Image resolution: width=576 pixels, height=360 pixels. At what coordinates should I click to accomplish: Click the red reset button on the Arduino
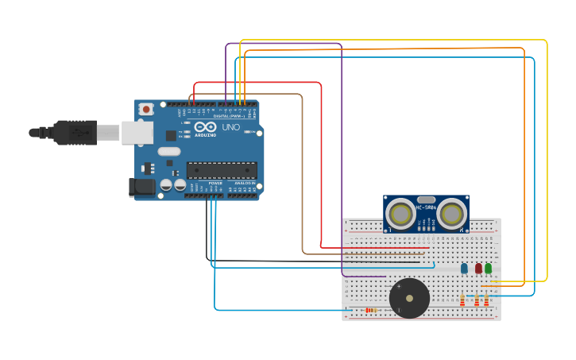pos(146,109)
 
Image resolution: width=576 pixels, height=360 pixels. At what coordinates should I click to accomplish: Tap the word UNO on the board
pos(230,127)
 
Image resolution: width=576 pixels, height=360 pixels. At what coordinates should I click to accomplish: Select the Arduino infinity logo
pos(205,127)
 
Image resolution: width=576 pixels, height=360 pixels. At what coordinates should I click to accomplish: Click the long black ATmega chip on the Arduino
pos(222,170)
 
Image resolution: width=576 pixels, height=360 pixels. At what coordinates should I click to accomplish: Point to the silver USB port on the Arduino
pos(137,132)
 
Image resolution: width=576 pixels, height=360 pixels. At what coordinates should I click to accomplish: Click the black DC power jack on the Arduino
pos(142,187)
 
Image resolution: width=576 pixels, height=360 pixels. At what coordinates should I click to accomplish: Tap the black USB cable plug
pos(75,132)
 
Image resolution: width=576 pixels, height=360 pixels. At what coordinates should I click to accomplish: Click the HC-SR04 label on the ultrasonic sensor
pos(426,209)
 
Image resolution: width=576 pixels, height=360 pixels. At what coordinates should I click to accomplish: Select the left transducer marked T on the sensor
pos(401,213)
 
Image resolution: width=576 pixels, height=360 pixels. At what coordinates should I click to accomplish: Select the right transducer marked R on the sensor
pos(451,213)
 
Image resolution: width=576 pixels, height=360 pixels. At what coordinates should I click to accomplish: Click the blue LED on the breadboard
pos(464,269)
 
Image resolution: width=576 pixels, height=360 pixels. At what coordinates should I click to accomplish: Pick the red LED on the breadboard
pos(477,269)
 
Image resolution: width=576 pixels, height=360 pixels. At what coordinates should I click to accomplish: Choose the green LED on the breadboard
pos(488,269)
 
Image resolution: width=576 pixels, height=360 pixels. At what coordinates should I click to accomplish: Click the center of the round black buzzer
pos(409,298)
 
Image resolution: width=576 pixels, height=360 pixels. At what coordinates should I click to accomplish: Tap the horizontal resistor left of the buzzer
pos(370,310)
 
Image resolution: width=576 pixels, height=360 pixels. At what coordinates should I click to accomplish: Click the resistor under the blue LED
pos(462,300)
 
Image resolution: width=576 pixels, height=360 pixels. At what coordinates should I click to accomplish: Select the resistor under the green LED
pos(486,300)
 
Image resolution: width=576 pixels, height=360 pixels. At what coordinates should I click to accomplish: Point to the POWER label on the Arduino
pos(215,183)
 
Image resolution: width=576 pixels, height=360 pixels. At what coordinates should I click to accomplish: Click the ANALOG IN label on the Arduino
pos(244,183)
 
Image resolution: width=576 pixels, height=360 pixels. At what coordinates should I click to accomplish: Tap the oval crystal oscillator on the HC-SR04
pos(426,199)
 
